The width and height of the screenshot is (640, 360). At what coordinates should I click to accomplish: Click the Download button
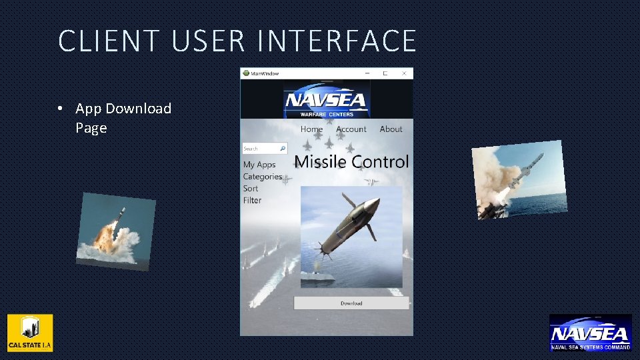coord(351,303)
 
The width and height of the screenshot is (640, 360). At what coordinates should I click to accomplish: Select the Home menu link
coord(311,129)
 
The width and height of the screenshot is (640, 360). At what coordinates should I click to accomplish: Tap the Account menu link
coord(351,129)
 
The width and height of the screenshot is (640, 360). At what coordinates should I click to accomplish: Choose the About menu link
coord(391,129)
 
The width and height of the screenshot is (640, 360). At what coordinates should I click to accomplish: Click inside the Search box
coord(259,149)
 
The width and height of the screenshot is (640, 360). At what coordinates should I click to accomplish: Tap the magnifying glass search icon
coord(283,149)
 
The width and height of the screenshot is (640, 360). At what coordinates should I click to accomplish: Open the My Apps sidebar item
coord(259,165)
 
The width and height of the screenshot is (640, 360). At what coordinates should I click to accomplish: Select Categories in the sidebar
coord(262,177)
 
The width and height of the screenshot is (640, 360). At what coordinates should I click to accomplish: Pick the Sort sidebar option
coord(251,189)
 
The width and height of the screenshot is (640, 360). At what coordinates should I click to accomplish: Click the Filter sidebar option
coord(252,201)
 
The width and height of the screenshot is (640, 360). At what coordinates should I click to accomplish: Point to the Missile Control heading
coord(351,162)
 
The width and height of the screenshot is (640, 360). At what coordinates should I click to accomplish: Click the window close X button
coord(404,73)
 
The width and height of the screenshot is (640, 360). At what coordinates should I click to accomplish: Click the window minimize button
coord(366,73)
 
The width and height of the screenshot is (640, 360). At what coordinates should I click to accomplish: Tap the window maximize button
coord(385,73)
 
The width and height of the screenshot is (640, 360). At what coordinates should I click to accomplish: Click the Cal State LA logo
coord(30,333)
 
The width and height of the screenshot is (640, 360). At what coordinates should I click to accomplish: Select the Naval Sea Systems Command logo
coord(590,333)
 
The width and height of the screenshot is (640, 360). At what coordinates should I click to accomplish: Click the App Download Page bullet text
coord(123,117)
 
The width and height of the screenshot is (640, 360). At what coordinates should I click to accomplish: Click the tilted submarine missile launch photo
coord(115,231)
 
